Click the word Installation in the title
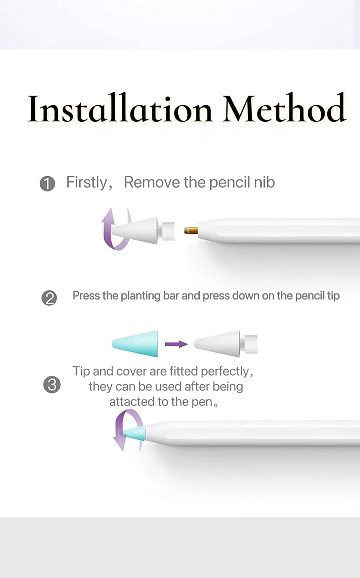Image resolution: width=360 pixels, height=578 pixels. coord(120,108)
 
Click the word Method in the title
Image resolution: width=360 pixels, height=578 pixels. coord(285,108)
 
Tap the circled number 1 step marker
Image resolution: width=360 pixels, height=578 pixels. coord(47,184)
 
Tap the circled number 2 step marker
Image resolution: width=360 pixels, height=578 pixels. coord(49,298)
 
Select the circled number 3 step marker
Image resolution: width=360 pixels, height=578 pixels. coord(52,385)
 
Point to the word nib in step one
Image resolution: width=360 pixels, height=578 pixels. coord(265,182)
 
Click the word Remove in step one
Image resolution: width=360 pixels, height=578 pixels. coord(152,182)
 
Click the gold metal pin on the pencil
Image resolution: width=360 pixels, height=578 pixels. coord(191,230)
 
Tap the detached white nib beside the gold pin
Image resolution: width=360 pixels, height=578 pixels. coord(143,230)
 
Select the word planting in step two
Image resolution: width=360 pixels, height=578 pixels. coord(141,296)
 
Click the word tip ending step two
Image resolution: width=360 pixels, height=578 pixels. coord(333,296)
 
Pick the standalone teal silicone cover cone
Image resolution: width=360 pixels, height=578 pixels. coord(135,344)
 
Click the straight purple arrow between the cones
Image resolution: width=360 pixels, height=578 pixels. coord(176,344)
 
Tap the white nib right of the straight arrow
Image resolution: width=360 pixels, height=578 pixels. coord(226,344)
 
